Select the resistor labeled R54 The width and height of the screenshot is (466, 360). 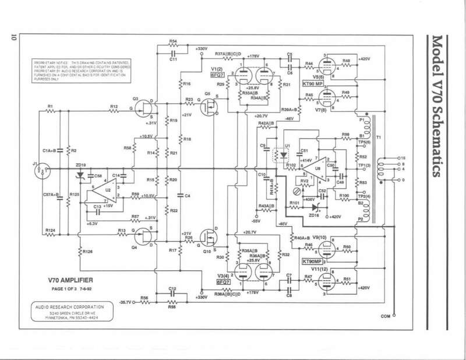172,43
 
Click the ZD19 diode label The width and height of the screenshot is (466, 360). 80,165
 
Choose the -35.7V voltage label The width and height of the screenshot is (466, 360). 128,303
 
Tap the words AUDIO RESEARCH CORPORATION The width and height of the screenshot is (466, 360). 68,306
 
